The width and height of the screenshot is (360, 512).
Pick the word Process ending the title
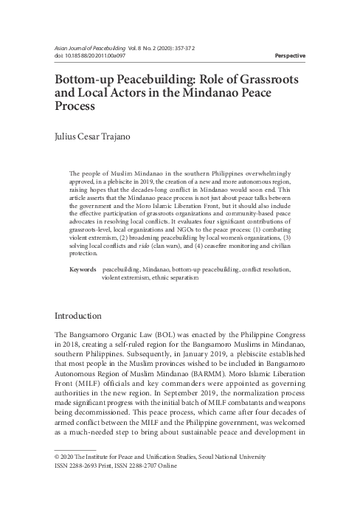tap(79, 107)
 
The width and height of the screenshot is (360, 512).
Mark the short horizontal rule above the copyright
tap(75, 449)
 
